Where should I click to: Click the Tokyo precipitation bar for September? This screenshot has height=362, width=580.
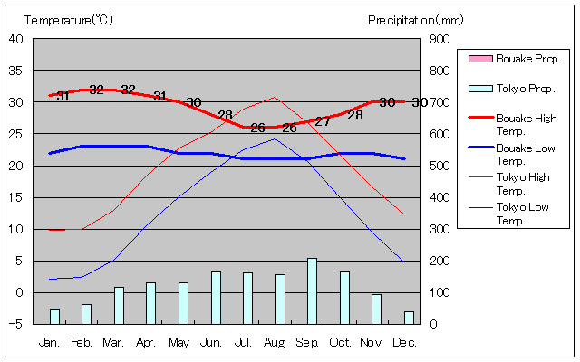(312, 291)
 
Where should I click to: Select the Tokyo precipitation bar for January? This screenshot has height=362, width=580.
(54, 316)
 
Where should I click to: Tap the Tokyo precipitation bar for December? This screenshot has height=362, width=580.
(409, 317)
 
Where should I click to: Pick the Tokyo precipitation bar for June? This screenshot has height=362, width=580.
(216, 297)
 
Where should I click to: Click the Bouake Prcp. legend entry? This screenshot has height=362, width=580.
(517, 59)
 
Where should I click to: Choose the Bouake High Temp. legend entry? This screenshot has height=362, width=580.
(517, 125)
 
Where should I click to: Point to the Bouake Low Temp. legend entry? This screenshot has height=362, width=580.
(517, 154)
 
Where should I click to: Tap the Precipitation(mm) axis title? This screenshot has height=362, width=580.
(416, 20)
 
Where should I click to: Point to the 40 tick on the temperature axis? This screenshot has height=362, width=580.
(16, 39)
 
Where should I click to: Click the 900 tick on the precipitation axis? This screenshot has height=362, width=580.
(440, 39)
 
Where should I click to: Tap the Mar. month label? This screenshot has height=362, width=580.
(113, 343)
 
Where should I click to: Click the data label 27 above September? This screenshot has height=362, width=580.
(323, 121)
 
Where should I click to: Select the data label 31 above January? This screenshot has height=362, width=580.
(63, 96)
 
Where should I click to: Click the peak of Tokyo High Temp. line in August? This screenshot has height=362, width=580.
(275, 97)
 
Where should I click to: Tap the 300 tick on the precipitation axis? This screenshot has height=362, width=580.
(440, 229)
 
